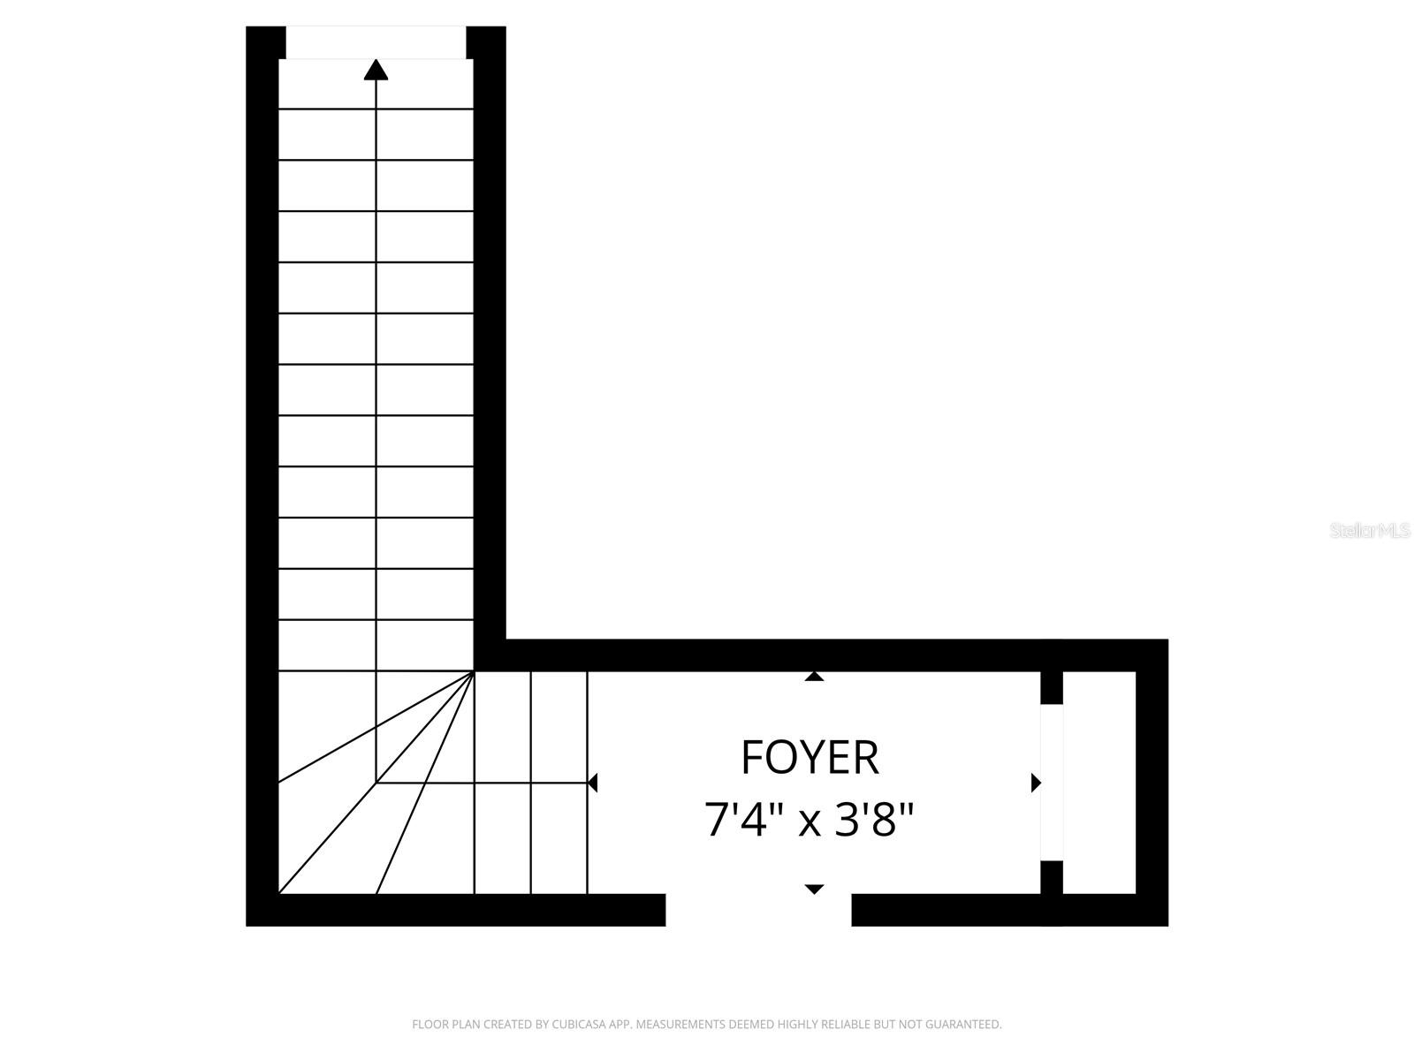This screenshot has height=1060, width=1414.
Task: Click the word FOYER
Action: coord(810,758)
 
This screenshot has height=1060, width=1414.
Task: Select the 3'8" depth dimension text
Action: coord(873,820)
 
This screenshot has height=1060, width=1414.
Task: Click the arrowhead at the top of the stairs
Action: coord(376,70)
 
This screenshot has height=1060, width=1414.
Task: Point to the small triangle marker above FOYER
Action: coord(814,676)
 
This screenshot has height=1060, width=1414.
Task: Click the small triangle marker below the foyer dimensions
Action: coord(814,890)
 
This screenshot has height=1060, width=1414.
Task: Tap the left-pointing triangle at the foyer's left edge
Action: coord(593,783)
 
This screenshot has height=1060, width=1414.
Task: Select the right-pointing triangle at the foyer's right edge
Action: coord(1036,783)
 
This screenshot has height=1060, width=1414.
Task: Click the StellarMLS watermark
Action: coord(1370,531)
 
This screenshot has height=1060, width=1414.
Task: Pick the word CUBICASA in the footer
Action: coord(575,1024)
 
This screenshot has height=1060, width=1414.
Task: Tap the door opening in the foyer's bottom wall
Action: coord(758,910)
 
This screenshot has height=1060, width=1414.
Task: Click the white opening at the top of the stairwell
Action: coord(376,42)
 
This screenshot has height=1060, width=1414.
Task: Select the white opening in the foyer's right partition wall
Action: coord(1052,782)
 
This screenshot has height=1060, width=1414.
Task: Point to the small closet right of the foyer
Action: coord(1099,783)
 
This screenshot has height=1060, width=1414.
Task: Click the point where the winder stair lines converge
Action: coord(474,671)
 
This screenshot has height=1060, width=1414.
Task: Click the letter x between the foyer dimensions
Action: coord(809,824)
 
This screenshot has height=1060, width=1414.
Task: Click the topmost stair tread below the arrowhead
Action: coord(376,84)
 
